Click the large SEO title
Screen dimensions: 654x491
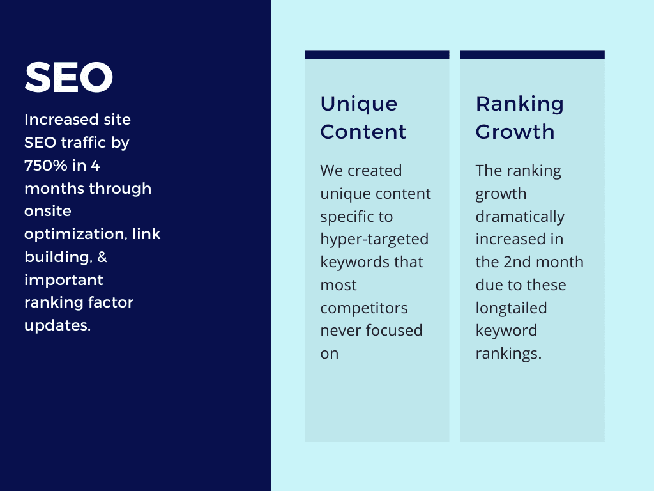point(69,77)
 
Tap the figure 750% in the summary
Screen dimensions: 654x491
point(46,166)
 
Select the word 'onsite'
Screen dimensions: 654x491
point(47,211)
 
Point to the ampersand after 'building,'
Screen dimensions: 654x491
point(102,257)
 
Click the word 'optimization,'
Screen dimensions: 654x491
point(75,235)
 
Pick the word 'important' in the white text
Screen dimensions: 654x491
point(63,280)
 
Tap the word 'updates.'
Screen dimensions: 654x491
point(57,325)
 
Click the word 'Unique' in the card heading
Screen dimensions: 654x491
point(359,104)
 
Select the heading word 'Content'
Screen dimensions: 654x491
point(363,132)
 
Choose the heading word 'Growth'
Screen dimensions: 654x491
point(515,132)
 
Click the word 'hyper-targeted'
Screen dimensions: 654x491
point(374,240)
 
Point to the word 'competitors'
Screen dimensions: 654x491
point(363,309)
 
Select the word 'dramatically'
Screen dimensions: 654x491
point(520,217)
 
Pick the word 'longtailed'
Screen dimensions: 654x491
point(511,309)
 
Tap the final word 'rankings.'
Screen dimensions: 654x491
point(508,354)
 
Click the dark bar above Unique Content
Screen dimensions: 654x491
point(377,54)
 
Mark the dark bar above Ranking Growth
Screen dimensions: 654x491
point(532,54)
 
